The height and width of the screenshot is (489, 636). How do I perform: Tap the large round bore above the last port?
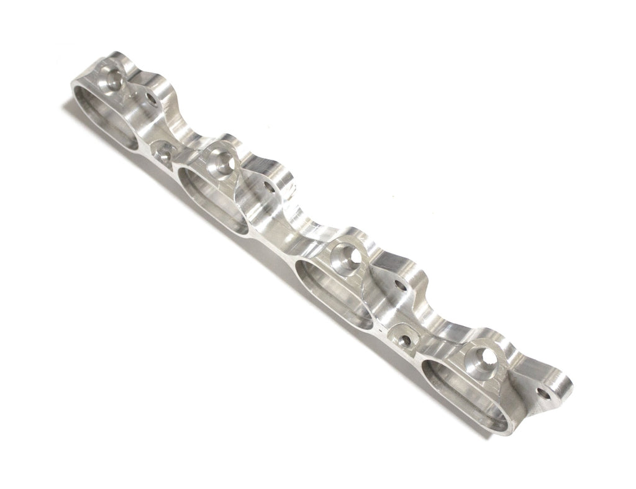pyautogui.click(x=484, y=358)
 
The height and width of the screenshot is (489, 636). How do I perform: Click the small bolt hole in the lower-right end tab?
pyautogui.click(x=547, y=393)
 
